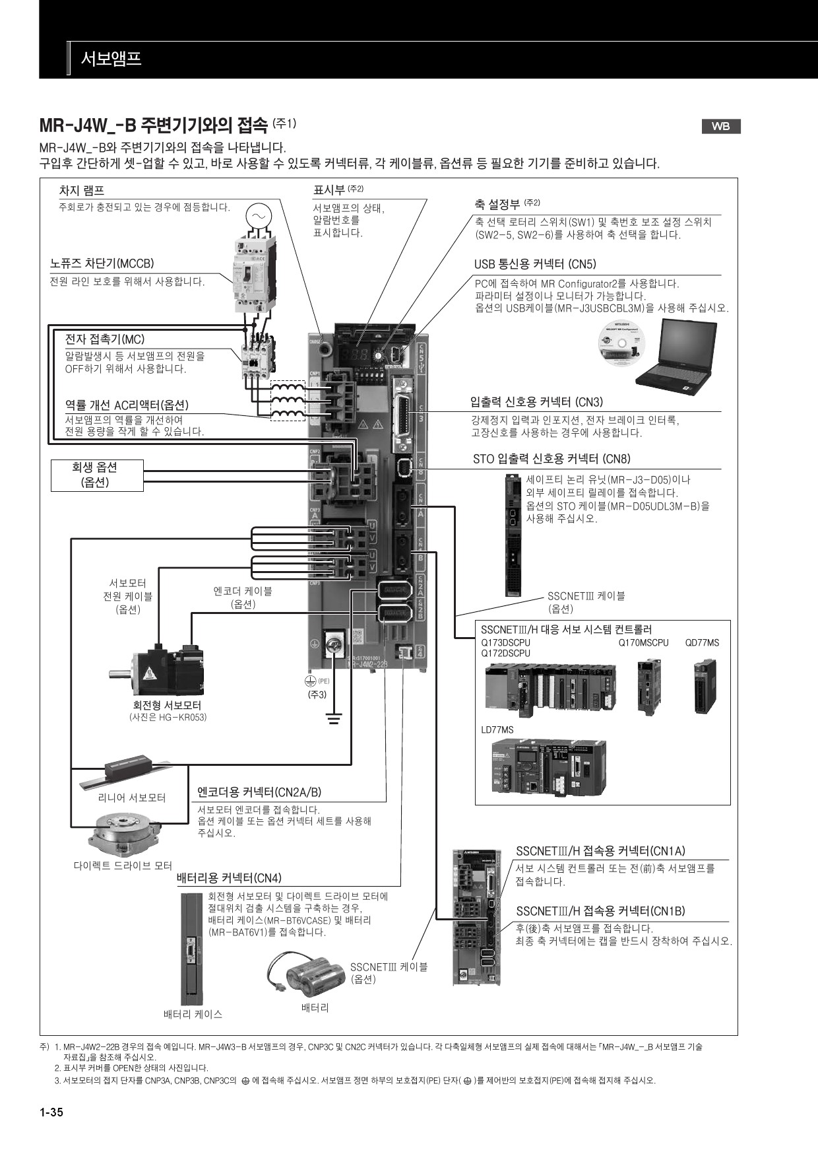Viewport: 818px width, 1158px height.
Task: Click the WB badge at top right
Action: (x=720, y=127)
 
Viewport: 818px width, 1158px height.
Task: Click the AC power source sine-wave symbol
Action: (x=258, y=215)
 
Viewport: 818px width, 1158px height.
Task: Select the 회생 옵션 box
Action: (x=97, y=475)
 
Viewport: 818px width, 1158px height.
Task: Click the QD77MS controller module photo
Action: (x=705, y=687)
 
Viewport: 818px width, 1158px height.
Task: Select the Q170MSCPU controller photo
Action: (x=648, y=687)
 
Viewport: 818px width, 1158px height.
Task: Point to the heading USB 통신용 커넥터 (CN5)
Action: (x=535, y=264)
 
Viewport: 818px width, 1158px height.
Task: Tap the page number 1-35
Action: (x=51, y=1112)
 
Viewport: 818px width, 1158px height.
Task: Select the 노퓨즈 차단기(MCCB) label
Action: (x=102, y=263)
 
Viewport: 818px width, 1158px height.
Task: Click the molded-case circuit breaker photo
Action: (x=251, y=275)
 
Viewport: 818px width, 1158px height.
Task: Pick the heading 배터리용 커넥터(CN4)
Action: (x=229, y=878)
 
